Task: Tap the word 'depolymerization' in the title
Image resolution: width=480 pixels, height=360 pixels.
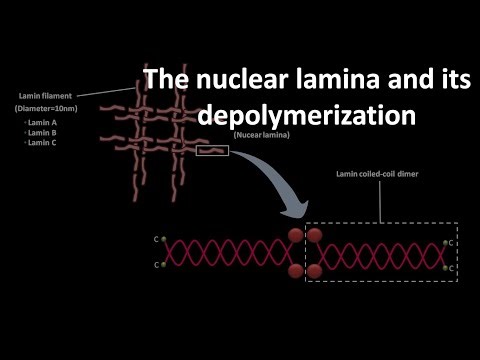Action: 306,115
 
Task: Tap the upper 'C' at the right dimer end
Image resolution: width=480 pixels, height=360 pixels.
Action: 453,243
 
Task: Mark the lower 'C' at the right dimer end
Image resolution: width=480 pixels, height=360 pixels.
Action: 453,268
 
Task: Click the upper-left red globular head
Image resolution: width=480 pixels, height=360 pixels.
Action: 296,237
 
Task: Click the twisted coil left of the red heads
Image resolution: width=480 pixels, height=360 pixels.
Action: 225,253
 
